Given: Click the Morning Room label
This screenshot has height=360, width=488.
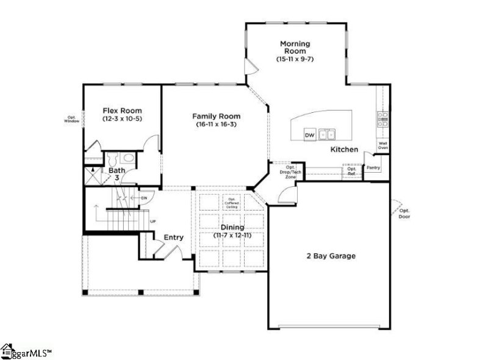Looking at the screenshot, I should (295, 47).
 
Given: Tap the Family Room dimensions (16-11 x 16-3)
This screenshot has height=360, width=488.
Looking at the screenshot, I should (216, 124).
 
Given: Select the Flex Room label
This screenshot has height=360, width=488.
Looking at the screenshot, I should (122, 110).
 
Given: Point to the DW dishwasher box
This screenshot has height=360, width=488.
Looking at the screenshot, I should (309, 134).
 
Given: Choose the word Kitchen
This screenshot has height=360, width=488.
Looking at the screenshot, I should (344, 149).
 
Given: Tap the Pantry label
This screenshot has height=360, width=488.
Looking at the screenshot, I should (373, 167).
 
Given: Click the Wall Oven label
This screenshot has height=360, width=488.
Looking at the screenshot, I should (383, 146).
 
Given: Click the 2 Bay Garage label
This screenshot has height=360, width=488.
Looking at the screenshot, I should (331, 256).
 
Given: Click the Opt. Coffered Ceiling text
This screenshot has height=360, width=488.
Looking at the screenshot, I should (232, 203).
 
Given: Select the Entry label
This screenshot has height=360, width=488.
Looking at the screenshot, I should (173, 237).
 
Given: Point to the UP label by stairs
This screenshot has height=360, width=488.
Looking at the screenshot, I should (152, 221).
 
